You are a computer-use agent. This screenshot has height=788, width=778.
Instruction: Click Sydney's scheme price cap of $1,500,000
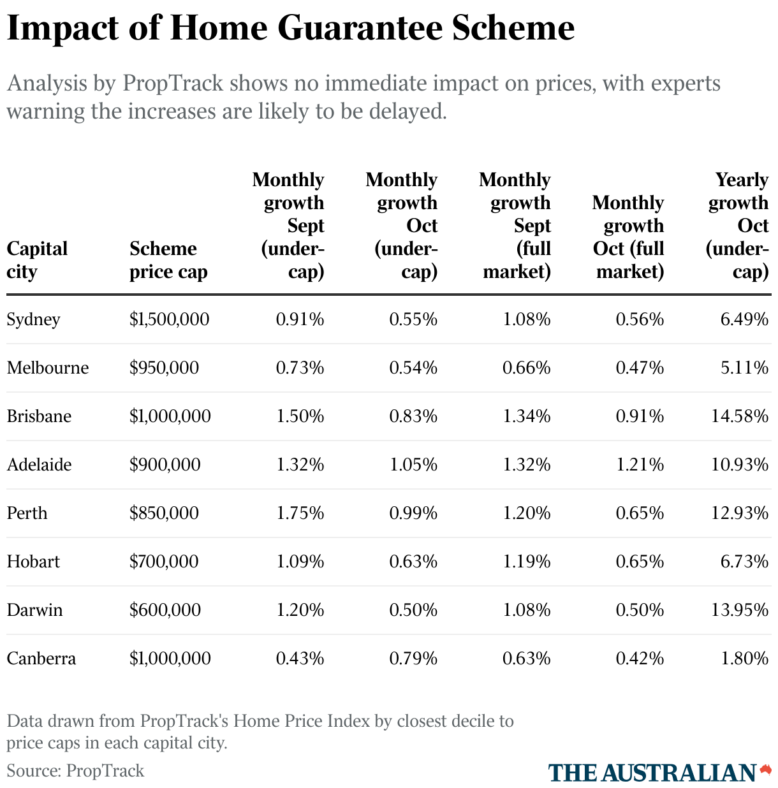click(169, 319)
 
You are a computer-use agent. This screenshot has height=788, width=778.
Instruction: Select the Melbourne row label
click(48, 368)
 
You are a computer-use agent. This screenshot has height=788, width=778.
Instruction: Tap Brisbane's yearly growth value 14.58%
click(740, 416)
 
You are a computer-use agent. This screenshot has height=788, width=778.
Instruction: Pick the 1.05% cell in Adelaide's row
click(413, 465)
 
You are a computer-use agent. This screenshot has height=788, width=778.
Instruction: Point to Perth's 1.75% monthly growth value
click(300, 513)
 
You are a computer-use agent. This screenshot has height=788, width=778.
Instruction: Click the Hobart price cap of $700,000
click(164, 562)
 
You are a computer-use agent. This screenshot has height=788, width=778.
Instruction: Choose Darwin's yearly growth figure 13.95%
click(740, 610)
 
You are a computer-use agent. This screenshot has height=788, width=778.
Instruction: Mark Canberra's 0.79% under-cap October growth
click(413, 659)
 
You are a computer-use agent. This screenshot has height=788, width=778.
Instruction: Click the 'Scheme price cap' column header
click(168, 260)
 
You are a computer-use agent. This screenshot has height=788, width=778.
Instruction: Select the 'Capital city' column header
click(37, 260)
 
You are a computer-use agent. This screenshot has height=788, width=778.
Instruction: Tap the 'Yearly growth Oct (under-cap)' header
click(738, 226)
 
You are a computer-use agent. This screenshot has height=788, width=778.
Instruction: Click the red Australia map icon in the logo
click(765, 770)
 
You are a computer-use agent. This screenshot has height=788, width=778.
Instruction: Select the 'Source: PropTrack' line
click(75, 771)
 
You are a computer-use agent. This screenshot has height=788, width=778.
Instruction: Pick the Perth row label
click(27, 513)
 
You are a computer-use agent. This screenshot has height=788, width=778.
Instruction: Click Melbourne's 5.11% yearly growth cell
click(744, 368)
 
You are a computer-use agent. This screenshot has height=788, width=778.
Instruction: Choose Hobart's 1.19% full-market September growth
click(526, 562)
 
